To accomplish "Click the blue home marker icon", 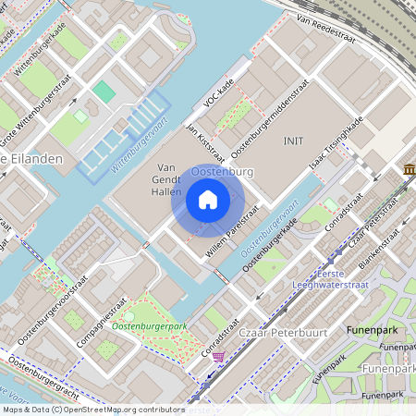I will (x=208, y=200).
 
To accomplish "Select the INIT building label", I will (x=293, y=141).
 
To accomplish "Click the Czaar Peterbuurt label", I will (x=270, y=328).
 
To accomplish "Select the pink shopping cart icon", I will (x=217, y=357).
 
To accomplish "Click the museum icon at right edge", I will (x=409, y=169).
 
